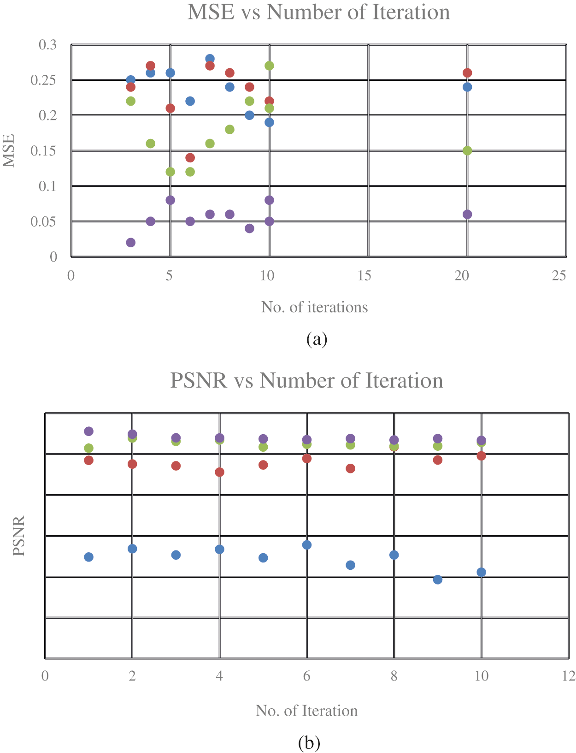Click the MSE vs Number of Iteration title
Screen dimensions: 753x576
point(318,12)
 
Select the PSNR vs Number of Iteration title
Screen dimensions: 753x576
point(306,381)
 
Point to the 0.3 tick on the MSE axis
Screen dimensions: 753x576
point(47,45)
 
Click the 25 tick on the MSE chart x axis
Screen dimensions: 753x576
point(559,276)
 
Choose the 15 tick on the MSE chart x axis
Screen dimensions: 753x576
point(364,276)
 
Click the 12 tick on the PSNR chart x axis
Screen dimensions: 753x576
point(569,676)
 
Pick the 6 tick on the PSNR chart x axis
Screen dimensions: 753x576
point(306,676)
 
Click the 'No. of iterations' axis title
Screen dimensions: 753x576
point(314,307)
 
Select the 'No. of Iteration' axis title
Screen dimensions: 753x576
point(306,711)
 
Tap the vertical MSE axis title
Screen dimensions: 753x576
point(9,151)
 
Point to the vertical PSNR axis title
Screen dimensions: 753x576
point(19,536)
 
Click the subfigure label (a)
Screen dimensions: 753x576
point(317,339)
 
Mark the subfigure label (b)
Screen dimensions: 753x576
point(309,743)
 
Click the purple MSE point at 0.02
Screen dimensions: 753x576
point(130,243)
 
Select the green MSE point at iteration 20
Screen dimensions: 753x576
point(467,151)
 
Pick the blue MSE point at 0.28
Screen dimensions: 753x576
point(210,59)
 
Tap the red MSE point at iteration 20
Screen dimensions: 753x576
point(467,73)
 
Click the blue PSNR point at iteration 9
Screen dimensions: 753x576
point(438,580)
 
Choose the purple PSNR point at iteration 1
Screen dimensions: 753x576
point(89,431)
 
